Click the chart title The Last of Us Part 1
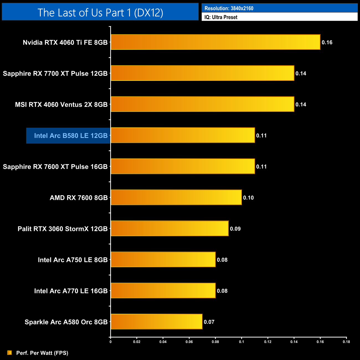[x=100, y=12]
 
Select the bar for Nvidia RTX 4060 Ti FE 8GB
[x=215, y=42]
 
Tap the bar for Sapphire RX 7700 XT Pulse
[x=202, y=73]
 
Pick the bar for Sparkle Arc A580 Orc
[x=156, y=322]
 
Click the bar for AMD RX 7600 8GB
[x=176, y=197]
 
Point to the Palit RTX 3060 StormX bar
[x=170, y=228]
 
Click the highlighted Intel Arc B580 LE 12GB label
[x=71, y=136]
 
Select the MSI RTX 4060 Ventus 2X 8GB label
[x=61, y=105]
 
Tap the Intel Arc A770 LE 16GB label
[x=71, y=291]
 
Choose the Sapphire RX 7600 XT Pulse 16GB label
[x=55, y=167]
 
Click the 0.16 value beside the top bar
[x=327, y=42]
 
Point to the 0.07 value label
[x=209, y=322]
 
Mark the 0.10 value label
[x=248, y=198]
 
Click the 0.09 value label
[x=235, y=229]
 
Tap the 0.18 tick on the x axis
[x=346, y=342]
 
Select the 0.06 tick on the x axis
[x=189, y=342]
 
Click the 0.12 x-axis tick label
[x=268, y=342]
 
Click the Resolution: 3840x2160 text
[x=229, y=8]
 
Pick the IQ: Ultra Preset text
[x=221, y=17]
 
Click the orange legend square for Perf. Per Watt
[x=10, y=353]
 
